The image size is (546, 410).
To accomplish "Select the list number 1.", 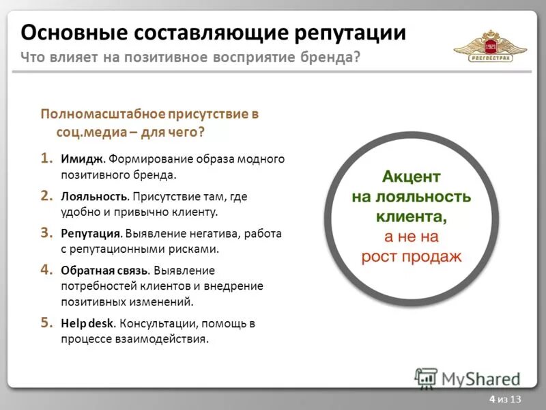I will [45, 159].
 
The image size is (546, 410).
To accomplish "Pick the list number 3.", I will [45, 233].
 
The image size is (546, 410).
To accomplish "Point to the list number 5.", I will [45, 322].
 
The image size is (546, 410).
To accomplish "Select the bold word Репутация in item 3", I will [92, 234].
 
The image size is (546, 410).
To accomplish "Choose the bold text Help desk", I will [81, 323].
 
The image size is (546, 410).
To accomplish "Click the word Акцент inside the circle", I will [412, 177].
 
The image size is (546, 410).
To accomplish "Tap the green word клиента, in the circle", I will [412, 217].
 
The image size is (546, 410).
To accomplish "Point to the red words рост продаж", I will [412, 257].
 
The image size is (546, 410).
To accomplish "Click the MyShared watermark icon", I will [427, 378].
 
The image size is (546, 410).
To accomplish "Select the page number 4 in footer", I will [492, 399].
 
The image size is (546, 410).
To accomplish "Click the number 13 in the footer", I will [515, 399].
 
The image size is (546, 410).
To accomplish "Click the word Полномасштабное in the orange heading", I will [100, 114].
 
